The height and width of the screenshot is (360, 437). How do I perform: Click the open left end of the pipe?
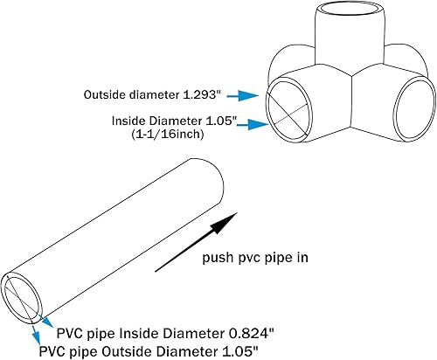click(x=23, y=294)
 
